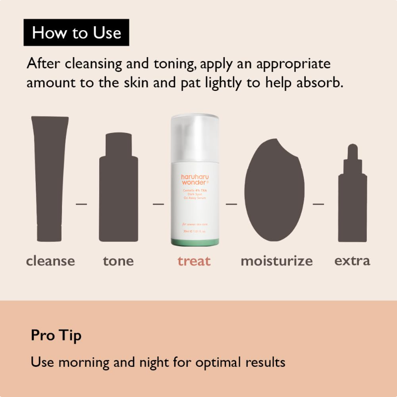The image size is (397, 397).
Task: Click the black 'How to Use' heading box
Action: (x=76, y=33)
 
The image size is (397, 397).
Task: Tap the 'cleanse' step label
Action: (x=51, y=261)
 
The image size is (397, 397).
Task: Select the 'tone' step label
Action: (x=118, y=261)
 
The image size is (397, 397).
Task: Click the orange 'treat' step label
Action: (x=194, y=261)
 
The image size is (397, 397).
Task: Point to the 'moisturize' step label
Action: (x=276, y=261)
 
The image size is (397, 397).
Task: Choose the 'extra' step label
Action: (x=352, y=261)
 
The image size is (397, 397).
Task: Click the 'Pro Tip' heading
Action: (x=56, y=335)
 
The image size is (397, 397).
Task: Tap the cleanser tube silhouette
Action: (x=50, y=179)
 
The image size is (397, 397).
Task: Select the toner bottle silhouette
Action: (x=118, y=191)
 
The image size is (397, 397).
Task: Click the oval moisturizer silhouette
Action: (x=274, y=191)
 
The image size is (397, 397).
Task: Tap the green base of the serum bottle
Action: (x=194, y=241)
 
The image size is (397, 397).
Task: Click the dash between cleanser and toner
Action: (x=81, y=203)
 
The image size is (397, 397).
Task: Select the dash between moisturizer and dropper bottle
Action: (x=318, y=203)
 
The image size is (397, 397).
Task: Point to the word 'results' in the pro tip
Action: (x=265, y=362)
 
